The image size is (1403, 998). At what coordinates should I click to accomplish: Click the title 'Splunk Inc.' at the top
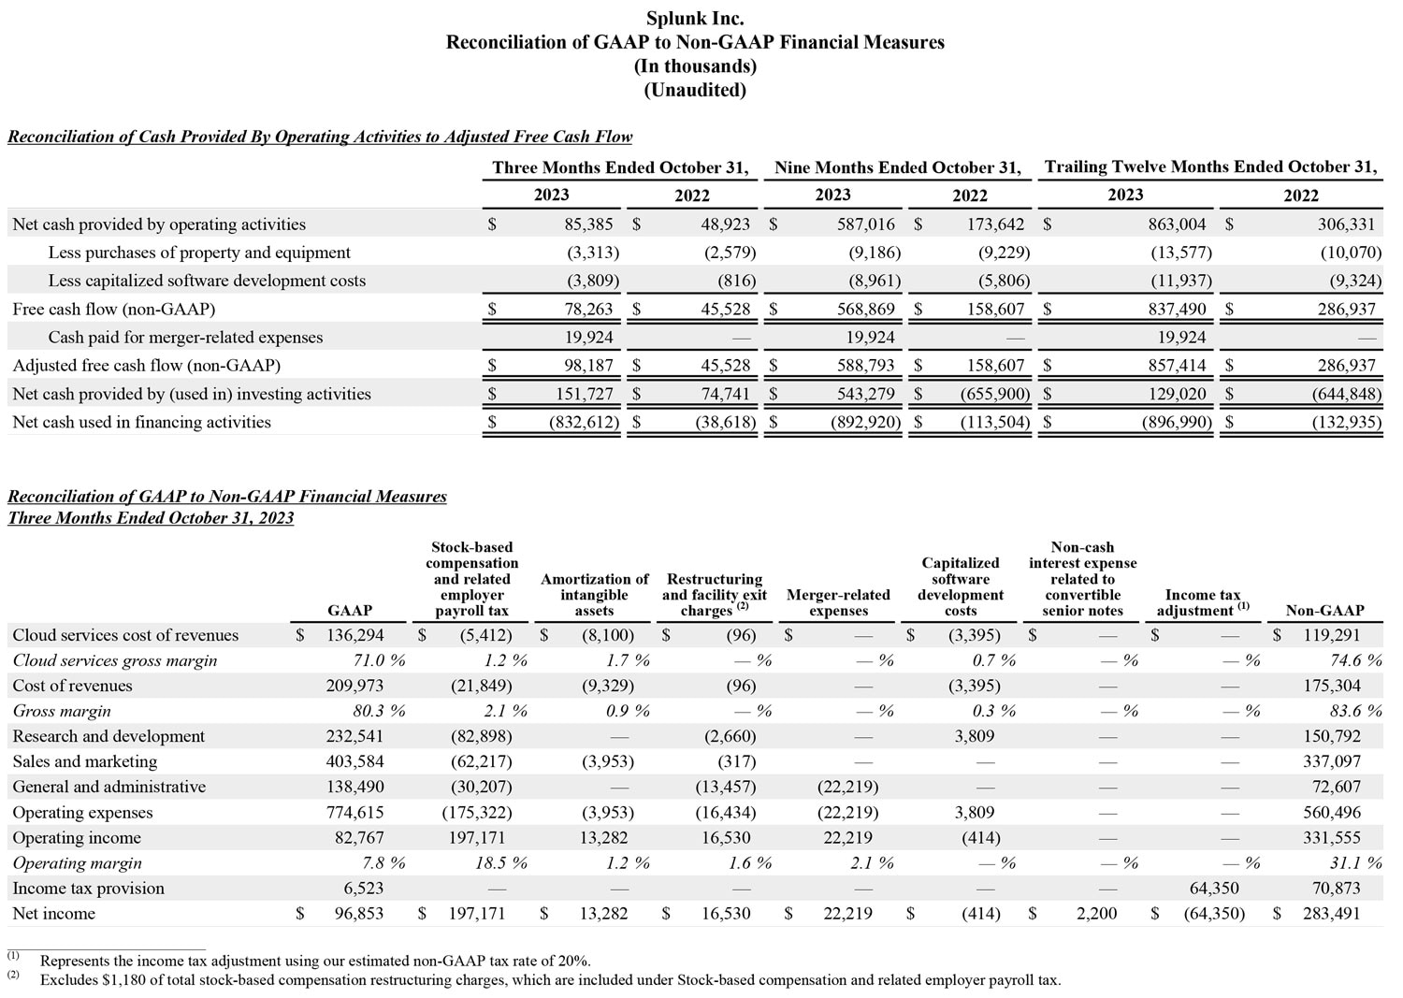click(695, 18)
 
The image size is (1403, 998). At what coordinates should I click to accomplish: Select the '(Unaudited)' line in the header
click(695, 90)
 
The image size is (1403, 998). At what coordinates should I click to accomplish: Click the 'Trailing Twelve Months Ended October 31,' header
click(1210, 167)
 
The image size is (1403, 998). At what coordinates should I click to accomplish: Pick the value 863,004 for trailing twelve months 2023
click(1177, 224)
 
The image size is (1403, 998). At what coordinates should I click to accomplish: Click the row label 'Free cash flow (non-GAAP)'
click(113, 310)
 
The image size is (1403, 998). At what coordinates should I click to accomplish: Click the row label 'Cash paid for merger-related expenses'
click(185, 338)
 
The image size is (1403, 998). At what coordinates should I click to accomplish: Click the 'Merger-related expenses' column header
click(838, 602)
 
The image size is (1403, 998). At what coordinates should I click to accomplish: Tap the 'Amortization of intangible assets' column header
click(594, 595)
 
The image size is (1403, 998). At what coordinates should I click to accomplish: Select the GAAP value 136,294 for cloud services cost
click(354, 635)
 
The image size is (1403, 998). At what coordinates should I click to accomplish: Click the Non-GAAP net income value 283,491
click(1331, 914)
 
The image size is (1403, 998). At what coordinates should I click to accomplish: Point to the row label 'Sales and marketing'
click(84, 762)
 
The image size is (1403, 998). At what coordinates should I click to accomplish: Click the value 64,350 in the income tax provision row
click(1213, 889)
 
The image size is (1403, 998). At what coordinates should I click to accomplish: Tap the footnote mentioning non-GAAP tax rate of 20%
click(315, 961)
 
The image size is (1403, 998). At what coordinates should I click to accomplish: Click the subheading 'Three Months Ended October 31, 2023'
click(151, 518)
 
